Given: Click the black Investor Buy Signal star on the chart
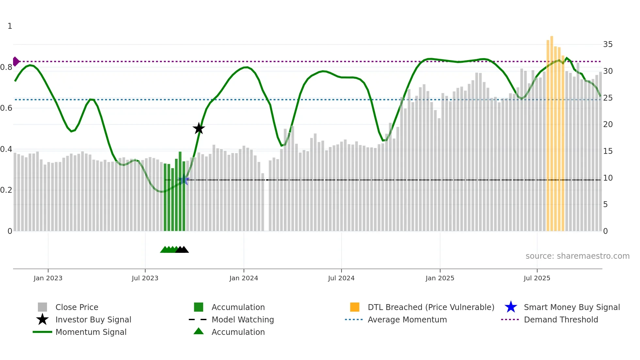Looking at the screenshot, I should click(x=199, y=129).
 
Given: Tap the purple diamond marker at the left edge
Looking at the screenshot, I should click(x=16, y=61).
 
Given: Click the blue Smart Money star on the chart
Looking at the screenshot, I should click(x=184, y=180).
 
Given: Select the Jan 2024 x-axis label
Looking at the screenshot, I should click(x=244, y=278).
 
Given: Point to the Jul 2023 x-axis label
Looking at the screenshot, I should click(x=145, y=278).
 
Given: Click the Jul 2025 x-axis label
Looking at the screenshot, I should click(x=537, y=278).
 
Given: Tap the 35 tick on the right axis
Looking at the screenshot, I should click(x=608, y=44).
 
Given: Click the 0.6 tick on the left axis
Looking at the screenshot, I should click(x=6, y=108).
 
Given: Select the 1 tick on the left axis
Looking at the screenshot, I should click(x=10, y=26).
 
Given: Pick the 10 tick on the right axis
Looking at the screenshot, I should click(x=608, y=178).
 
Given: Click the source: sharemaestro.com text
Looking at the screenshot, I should click(x=577, y=256).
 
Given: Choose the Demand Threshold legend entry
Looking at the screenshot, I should click(x=561, y=319).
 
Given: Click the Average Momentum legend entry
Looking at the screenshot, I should click(x=407, y=319).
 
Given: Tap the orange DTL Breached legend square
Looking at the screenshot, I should click(x=355, y=307).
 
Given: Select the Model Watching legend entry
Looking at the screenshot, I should click(x=242, y=319).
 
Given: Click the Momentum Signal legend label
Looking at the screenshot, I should click(x=91, y=332).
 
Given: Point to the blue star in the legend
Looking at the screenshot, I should click(x=511, y=307).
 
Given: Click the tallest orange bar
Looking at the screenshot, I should click(x=552, y=131).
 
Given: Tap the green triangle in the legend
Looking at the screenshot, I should click(x=199, y=331).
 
